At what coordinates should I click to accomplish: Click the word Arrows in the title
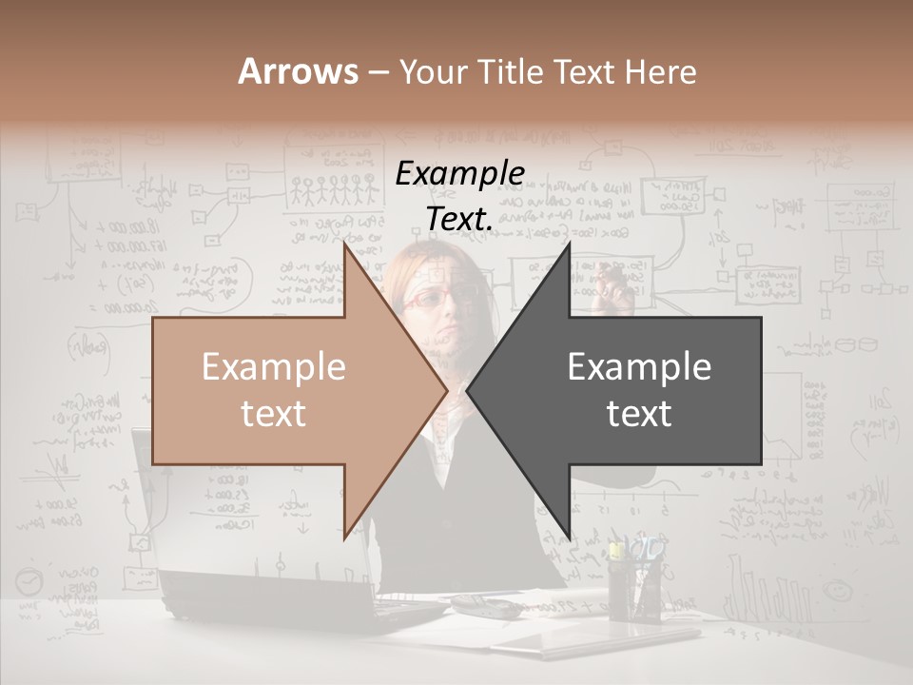pyautogui.click(x=299, y=71)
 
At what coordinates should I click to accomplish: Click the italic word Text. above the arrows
pyautogui.click(x=459, y=218)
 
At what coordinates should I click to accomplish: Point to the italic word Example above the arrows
pyautogui.click(x=460, y=173)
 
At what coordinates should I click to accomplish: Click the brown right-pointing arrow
pyautogui.click(x=285, y=390)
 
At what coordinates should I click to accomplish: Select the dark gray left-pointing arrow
pyautogui.click(x=628, y=390)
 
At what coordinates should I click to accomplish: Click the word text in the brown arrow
pyautogui.click(x=273, y=413)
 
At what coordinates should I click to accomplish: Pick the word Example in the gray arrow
pyautogui.click(x=639, y=367)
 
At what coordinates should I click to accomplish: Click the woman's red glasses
pyautogui.click(x=433, y=299)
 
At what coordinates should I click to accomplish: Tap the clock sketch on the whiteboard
pyautogui.click(x=31, y=580)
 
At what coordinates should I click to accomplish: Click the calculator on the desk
pyautogui.click(x=485, y=604)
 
